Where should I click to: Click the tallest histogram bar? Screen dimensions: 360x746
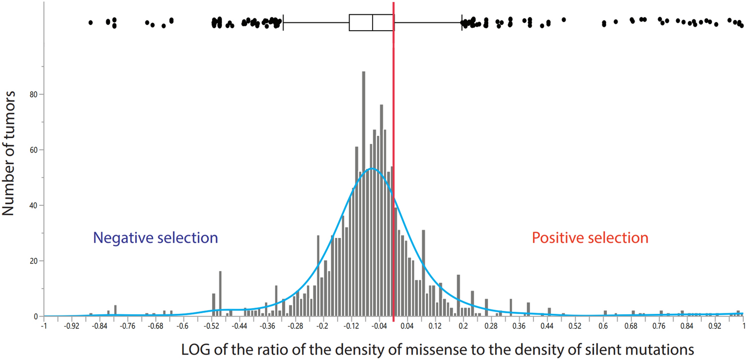point(363,195)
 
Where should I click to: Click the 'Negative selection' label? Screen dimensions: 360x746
point(155,238)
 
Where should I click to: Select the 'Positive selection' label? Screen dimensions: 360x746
point(590,238)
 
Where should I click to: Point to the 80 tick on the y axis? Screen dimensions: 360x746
point(36,94)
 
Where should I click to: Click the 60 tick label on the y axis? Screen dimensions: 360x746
point(36,150)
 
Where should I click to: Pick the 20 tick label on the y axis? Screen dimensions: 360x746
point(36,261)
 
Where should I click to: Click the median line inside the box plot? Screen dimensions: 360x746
point(373,22)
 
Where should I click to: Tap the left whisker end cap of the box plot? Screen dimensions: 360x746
point(284,22)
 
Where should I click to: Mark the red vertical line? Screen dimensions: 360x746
point(393,146)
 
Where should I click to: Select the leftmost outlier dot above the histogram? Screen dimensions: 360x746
point(90,22)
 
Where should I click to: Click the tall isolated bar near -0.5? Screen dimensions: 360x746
point(220,294)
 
